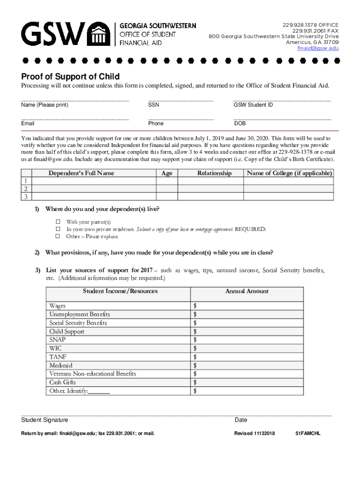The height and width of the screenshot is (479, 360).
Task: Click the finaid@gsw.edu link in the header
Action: click(x=318, y=48)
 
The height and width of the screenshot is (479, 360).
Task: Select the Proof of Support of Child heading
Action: click(x=70, y=77)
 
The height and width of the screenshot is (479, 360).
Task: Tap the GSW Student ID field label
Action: click(x=253, y=105)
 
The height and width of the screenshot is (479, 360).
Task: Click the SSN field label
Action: click(x=153, y=105)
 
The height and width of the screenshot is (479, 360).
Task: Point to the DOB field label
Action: click(x=240, y=123)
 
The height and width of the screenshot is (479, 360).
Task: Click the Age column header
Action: click(x=166, y=173)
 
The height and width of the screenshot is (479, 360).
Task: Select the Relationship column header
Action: click(x=214, y=173)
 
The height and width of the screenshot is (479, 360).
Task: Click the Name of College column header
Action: click(x=289, y=173)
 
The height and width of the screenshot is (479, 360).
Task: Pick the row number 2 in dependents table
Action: click(x=26, y=189)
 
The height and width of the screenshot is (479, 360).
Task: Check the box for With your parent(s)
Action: click(x=58, y=222)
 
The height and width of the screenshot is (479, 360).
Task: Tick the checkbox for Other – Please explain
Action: click(x=58, y=237)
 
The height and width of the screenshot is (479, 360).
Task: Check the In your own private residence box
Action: click(x=58, y=229)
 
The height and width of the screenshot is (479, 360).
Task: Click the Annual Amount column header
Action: click(x=247, y=291)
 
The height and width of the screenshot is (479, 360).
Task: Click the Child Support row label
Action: click(x=67, y=331)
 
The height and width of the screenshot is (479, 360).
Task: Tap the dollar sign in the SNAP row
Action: click(x=194, y=340)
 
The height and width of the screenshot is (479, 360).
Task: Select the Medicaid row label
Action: click(x=61, y=365)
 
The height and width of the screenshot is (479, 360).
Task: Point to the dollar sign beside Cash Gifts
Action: click(x=194, y=382)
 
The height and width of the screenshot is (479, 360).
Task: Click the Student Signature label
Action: click(x=44, y=420)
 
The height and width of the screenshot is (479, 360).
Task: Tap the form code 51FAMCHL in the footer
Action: click(x=308, y=433)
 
